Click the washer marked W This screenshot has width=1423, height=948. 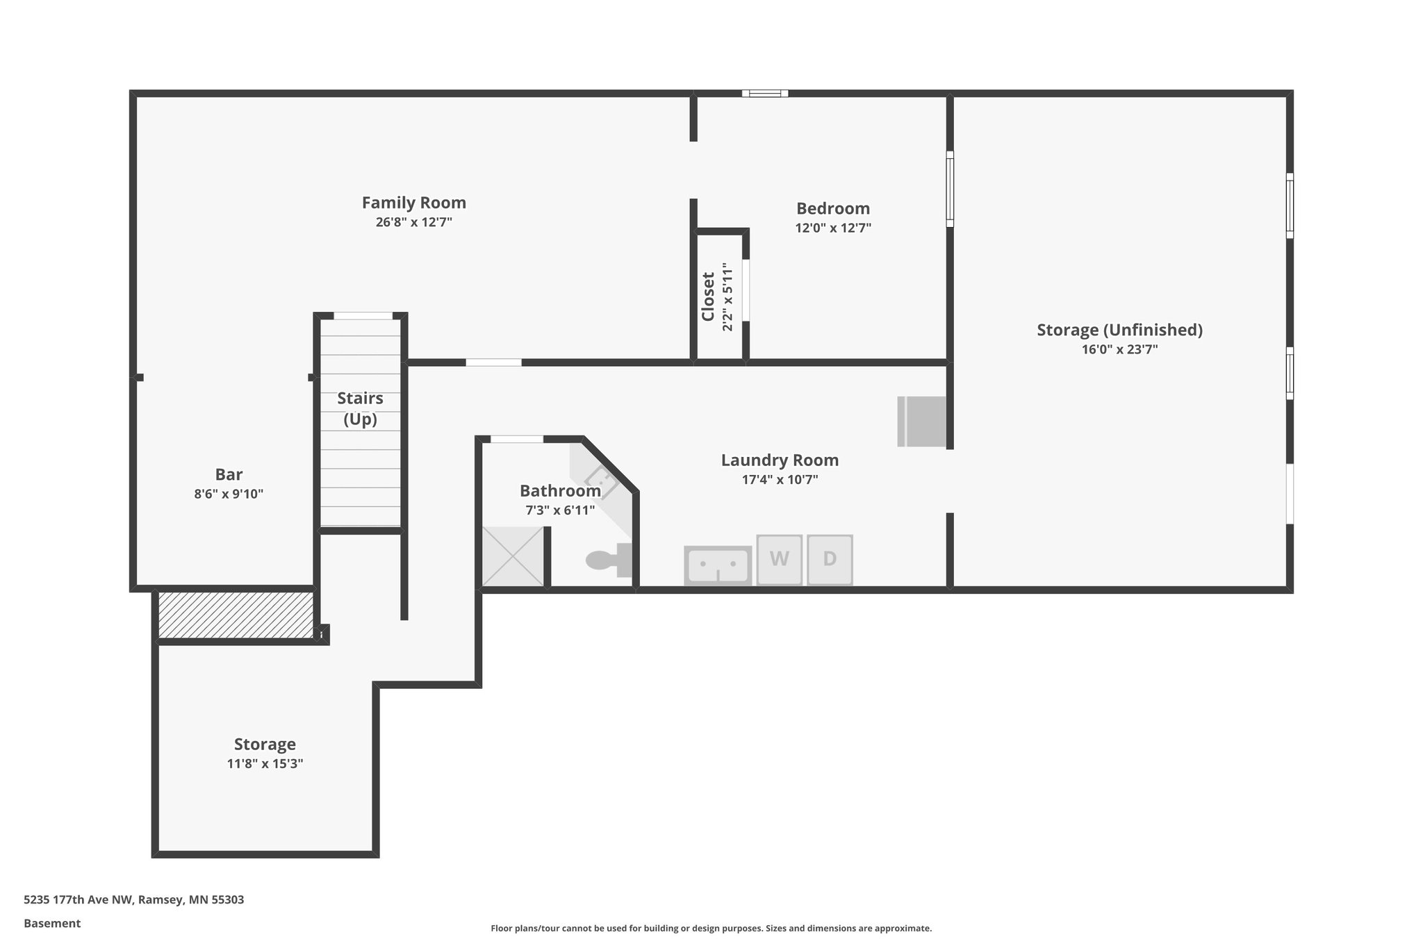pyautogui.click(x=779, y=559)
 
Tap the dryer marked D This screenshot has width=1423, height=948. pyautogui.click(x=830, y=559)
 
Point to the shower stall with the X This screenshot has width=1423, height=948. pyautogui.click(x=513, y=556)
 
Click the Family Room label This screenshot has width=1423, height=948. pyautogui.click(x=413, y=203)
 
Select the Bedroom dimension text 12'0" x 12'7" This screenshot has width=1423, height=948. pyautogui.click(x=833, y=228)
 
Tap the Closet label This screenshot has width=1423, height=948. pyautogui.click(x=708, y=297)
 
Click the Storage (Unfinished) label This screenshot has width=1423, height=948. pyautogui.click(x=1119, y=330)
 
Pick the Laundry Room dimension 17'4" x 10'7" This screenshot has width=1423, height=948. pyautogui.click(x=780, y=479)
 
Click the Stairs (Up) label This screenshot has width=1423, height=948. pyautogui.click(x=360, y=408)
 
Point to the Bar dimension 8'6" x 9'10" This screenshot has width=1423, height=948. pyautogui.click(x=229, y=494)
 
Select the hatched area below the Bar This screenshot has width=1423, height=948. pyautogui.click(x=235, y=615)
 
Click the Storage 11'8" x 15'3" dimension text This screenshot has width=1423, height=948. pyautogui.click(x=265, y=763)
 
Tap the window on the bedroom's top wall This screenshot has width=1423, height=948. pyautogui.click(x=764, y=93)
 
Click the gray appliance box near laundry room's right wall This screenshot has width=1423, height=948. pyautogui.click(x=922, y=422)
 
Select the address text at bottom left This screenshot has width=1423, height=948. pyautogui.click(x=133, y=900)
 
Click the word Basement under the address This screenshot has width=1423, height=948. pyautogui.click(x=52, y=924)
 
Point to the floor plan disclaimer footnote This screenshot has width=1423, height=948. pyautogui.click(x=711, y=929)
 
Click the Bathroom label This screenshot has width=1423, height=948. pyautogui.click(x=560, y=491)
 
